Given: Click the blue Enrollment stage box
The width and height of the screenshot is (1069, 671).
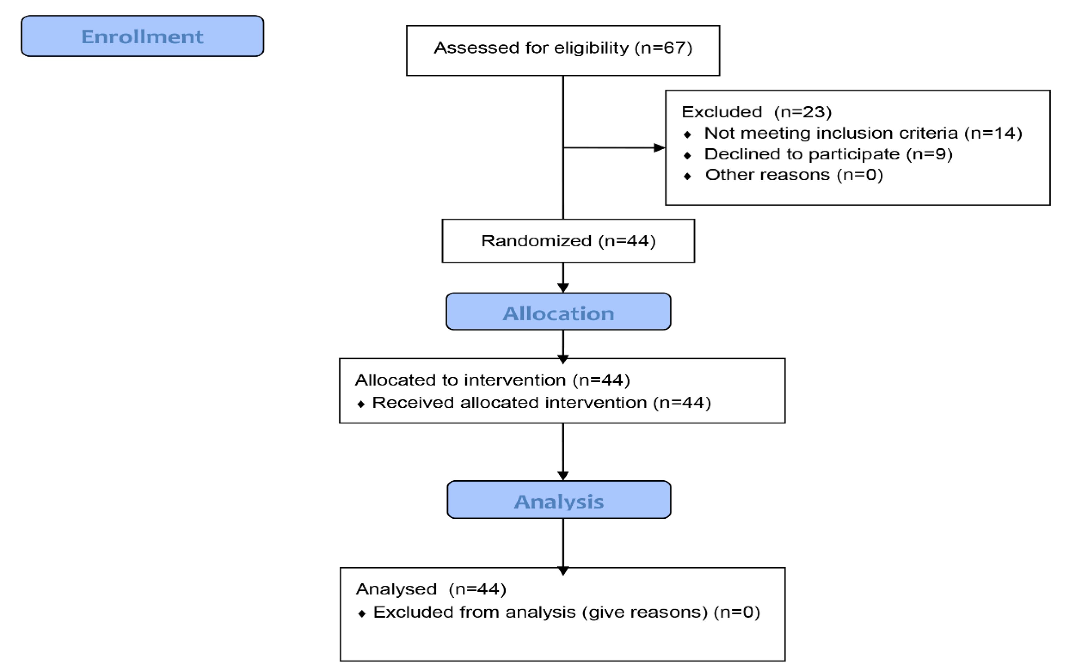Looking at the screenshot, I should click(142, 36).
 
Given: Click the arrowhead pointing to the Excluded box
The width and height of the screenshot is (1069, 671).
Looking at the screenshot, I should click(659, 148).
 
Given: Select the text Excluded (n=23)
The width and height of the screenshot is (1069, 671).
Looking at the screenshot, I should click(756, 112).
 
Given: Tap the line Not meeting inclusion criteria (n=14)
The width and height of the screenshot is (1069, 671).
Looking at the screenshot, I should click(863, 133).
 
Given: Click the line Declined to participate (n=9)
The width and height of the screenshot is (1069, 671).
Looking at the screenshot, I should click(828, 154).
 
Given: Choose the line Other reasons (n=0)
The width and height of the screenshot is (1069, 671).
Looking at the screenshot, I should click(794, 175).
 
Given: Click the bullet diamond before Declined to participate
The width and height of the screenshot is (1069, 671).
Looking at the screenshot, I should click(687, 155).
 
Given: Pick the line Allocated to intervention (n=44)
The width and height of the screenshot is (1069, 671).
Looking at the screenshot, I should click(492, 380).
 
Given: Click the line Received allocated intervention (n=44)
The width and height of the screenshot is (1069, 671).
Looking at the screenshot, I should click(541, 402).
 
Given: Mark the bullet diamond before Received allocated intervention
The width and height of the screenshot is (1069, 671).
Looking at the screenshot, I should click(360, 404).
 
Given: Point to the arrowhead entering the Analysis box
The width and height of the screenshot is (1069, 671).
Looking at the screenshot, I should click(563, 476).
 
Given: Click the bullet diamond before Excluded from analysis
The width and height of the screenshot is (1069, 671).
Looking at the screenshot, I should click(362, 614).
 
